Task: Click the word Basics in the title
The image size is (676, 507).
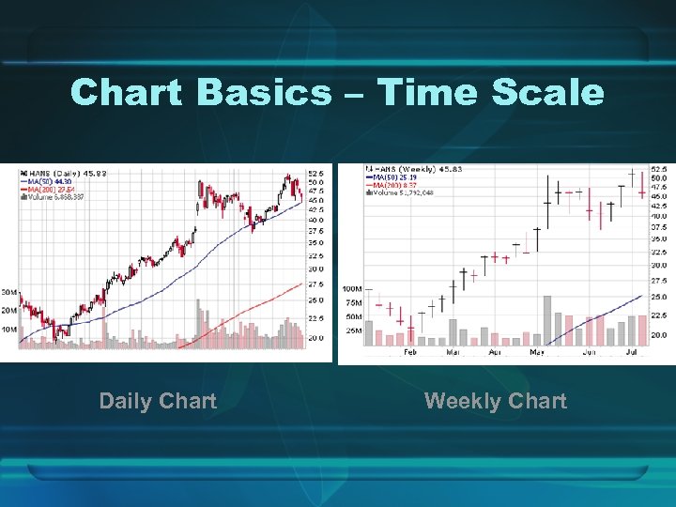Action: [x=265, y=92]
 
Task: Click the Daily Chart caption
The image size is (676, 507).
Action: [x=158, y=401]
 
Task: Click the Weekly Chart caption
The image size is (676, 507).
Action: [x=495, y=401]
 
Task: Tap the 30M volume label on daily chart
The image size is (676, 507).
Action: [x=8, y=291]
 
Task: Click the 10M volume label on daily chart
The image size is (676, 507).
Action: [x=8, y=330]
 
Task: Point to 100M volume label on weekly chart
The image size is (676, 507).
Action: [x=352, y=288]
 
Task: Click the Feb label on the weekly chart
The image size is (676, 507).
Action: [x=410, y=353]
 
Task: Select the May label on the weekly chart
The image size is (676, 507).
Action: [x=537, y=353]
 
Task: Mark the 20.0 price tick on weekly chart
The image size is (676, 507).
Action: [x=659, y=335]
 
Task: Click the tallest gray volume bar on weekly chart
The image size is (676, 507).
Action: [x=546, y=320]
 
